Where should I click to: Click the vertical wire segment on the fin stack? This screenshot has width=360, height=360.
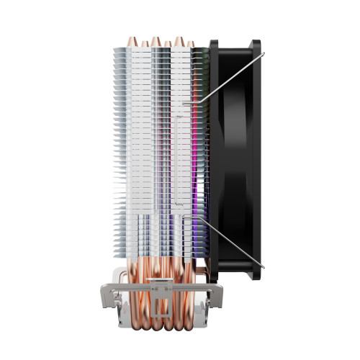(x=176, y=158)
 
